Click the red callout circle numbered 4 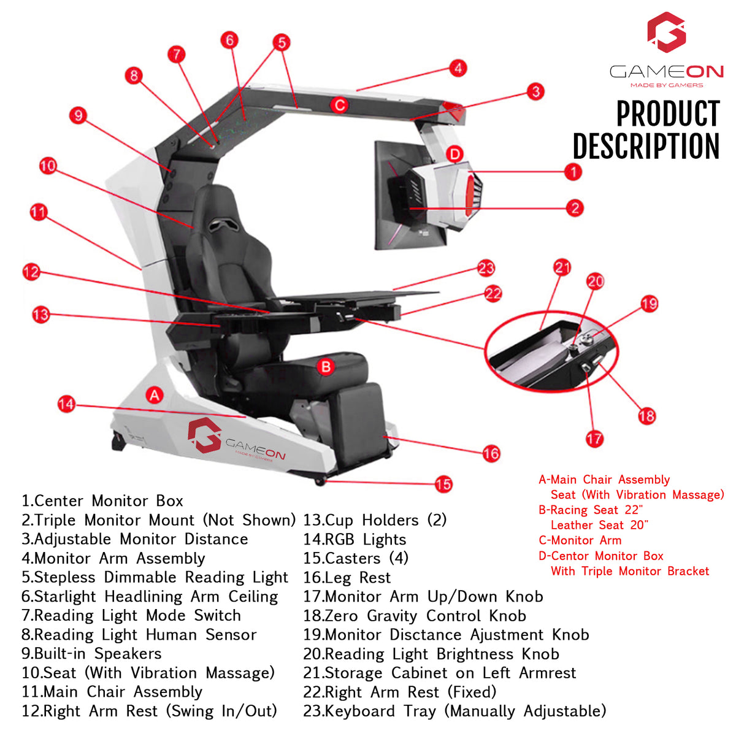click(458, 68)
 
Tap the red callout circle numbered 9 click(78, 115)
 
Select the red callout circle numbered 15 click(443, 484)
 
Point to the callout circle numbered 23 click(486, 268)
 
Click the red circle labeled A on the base click(155, 396)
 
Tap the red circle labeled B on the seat click(326, 367)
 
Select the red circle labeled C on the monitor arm click(339, 105)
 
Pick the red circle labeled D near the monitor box click(454, 153)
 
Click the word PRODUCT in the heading click(667, 114)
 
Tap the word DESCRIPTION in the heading click(646, 147)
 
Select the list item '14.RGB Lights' click(355, 540)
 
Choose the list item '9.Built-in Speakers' click(91, 654)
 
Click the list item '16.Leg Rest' click(347, 578)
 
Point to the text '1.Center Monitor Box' click(102, 501)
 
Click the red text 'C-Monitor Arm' click(580, 540)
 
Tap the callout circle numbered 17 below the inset click(594, 439)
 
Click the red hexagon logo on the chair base click(204, 434)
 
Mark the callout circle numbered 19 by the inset click(649, 304)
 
